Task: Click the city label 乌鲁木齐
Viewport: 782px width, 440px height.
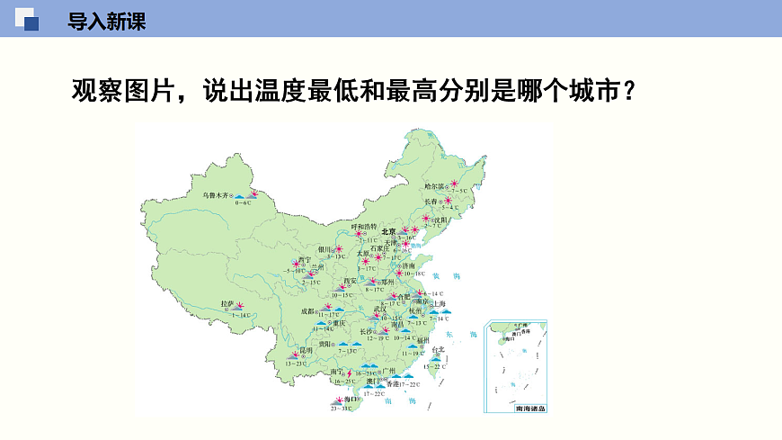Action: pyautogui.click(x=217, y=194)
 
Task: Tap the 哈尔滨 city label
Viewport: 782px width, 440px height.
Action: pyautogui.click(x=434, y=186)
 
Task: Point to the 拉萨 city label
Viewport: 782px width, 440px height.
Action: pyautogui.click(x=227, y=304)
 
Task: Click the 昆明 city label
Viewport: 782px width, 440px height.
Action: pyautogui.click(x=306, y=350)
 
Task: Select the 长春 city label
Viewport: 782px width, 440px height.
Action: pyautogui.click(x=431, y=202)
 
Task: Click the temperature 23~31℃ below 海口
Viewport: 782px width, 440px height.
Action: pyautogui.click(x=340, y=409)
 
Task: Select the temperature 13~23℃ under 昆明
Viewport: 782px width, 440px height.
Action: pyautogui.click(x=297, y=362)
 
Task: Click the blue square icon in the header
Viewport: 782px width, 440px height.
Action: pyautogui.click(x=30, y=22)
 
